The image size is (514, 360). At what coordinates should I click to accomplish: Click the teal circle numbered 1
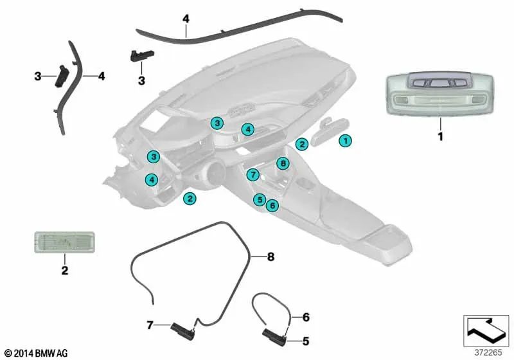click(345, 141)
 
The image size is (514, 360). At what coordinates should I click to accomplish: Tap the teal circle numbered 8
click(283, 163)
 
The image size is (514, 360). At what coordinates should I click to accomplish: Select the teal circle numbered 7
click(253, 174)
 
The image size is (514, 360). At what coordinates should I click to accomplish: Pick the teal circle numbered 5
click(260, 199)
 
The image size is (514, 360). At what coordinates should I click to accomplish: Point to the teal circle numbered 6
click(272, 206)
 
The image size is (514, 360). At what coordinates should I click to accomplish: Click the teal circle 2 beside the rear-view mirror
click(301, 144)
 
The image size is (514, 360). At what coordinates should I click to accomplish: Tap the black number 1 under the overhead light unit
click(441, 136)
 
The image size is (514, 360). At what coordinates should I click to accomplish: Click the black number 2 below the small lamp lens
click(65, 271)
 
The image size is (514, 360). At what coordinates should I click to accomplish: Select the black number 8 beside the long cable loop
click(270, 256)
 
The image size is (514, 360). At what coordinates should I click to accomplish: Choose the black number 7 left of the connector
click(150, 325)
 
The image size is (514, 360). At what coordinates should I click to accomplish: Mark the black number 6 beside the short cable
click(306, 317)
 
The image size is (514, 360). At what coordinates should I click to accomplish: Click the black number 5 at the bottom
click(306, 341)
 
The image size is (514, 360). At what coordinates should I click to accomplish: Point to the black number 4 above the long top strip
click(186, 19)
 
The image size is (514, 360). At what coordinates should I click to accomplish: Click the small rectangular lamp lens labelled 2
click(65, 242)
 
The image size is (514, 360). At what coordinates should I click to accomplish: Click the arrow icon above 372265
click(486, 329)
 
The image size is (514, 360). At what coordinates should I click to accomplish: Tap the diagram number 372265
click(488, 352)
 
